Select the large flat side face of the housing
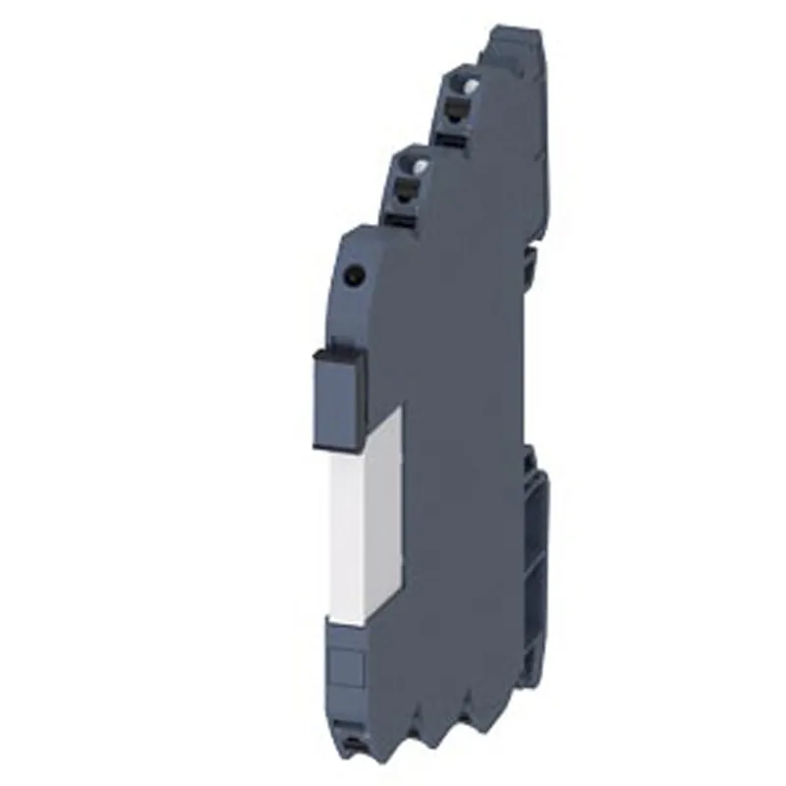pyautogui.click(x=462, y=442)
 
